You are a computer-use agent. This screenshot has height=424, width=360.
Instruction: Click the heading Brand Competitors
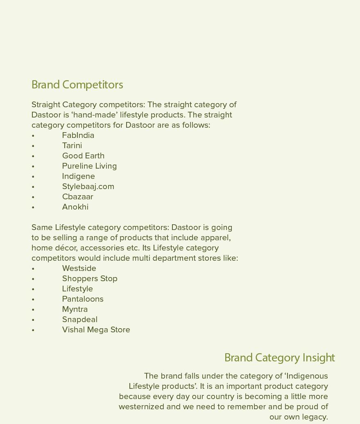pos(77,85)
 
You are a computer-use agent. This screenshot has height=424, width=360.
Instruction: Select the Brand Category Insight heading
pos(279,358)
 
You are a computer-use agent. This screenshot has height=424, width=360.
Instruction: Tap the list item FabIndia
pos(78,135)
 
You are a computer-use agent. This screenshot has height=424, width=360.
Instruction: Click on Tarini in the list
pos(72,146)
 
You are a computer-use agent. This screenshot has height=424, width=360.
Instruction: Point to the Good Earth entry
pos(83,156)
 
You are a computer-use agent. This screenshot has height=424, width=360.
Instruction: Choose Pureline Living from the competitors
pos(89,166)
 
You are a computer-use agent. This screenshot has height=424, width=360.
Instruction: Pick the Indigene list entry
pos(78,176)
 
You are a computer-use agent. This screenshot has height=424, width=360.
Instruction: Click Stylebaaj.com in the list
pos(88,187)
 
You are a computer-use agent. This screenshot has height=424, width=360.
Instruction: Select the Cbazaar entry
pos(77,197)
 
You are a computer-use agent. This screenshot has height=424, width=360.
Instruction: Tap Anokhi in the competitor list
pos(75,207)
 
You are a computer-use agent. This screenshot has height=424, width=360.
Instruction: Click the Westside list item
pos(79,268)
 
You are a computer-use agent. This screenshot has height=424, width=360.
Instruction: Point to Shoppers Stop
pos(90,279)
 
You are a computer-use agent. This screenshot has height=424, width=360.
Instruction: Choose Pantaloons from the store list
pos(83,299)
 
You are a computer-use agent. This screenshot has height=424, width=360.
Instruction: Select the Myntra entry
pos(75,309)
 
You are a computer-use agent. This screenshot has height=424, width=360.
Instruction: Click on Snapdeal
pos(79,320)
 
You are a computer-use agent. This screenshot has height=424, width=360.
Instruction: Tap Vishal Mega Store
pos(96,330)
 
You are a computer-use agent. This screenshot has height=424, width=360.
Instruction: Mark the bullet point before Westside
pos(33,269)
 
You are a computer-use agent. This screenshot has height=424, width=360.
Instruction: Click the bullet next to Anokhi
pos(33,207)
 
